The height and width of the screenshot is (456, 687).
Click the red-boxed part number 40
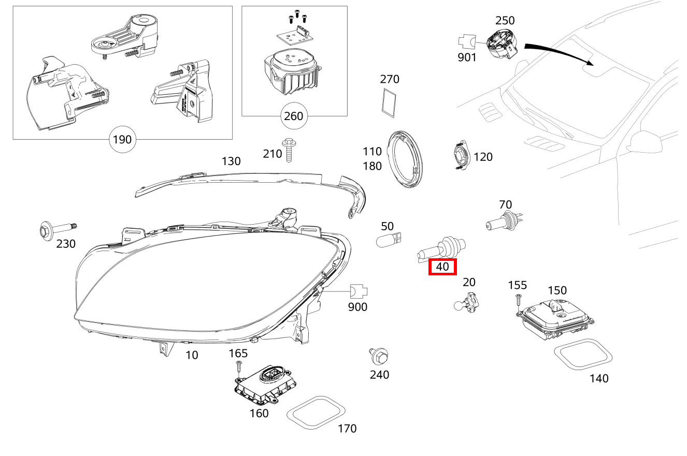[x=442, y=267]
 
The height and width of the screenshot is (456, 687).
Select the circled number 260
[x=293, y=116]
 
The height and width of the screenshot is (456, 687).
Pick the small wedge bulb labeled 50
[x=389, y=240]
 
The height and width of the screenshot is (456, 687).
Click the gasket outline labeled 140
[x=583, y=355]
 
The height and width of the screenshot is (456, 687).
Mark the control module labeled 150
[x=554, y=319]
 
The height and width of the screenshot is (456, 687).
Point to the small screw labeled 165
[x=238, y=367]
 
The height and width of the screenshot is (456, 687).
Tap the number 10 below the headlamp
[x=192, y=355]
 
